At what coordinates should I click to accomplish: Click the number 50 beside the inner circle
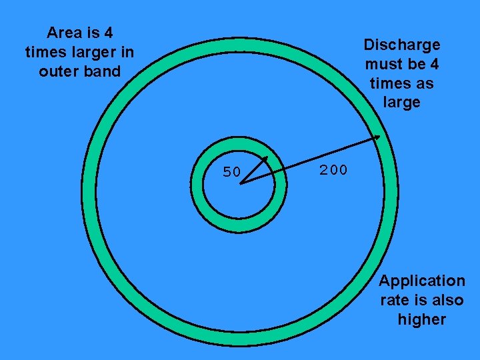point(231,172)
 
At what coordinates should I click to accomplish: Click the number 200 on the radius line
point(333,170)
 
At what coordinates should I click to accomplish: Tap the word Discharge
point(402,45)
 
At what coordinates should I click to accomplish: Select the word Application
point(422,281)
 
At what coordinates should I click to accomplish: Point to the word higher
point(422,319)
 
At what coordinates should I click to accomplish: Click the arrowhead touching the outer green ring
point(377,137)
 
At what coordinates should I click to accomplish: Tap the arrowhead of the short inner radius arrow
point(265,159)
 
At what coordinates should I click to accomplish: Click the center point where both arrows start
point(239,183)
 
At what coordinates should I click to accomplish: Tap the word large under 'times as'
point(402,103)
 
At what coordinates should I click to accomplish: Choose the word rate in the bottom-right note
point(395,300)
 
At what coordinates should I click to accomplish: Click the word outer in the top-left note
point(59,71)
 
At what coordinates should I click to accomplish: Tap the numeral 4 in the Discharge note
point(435,65)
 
